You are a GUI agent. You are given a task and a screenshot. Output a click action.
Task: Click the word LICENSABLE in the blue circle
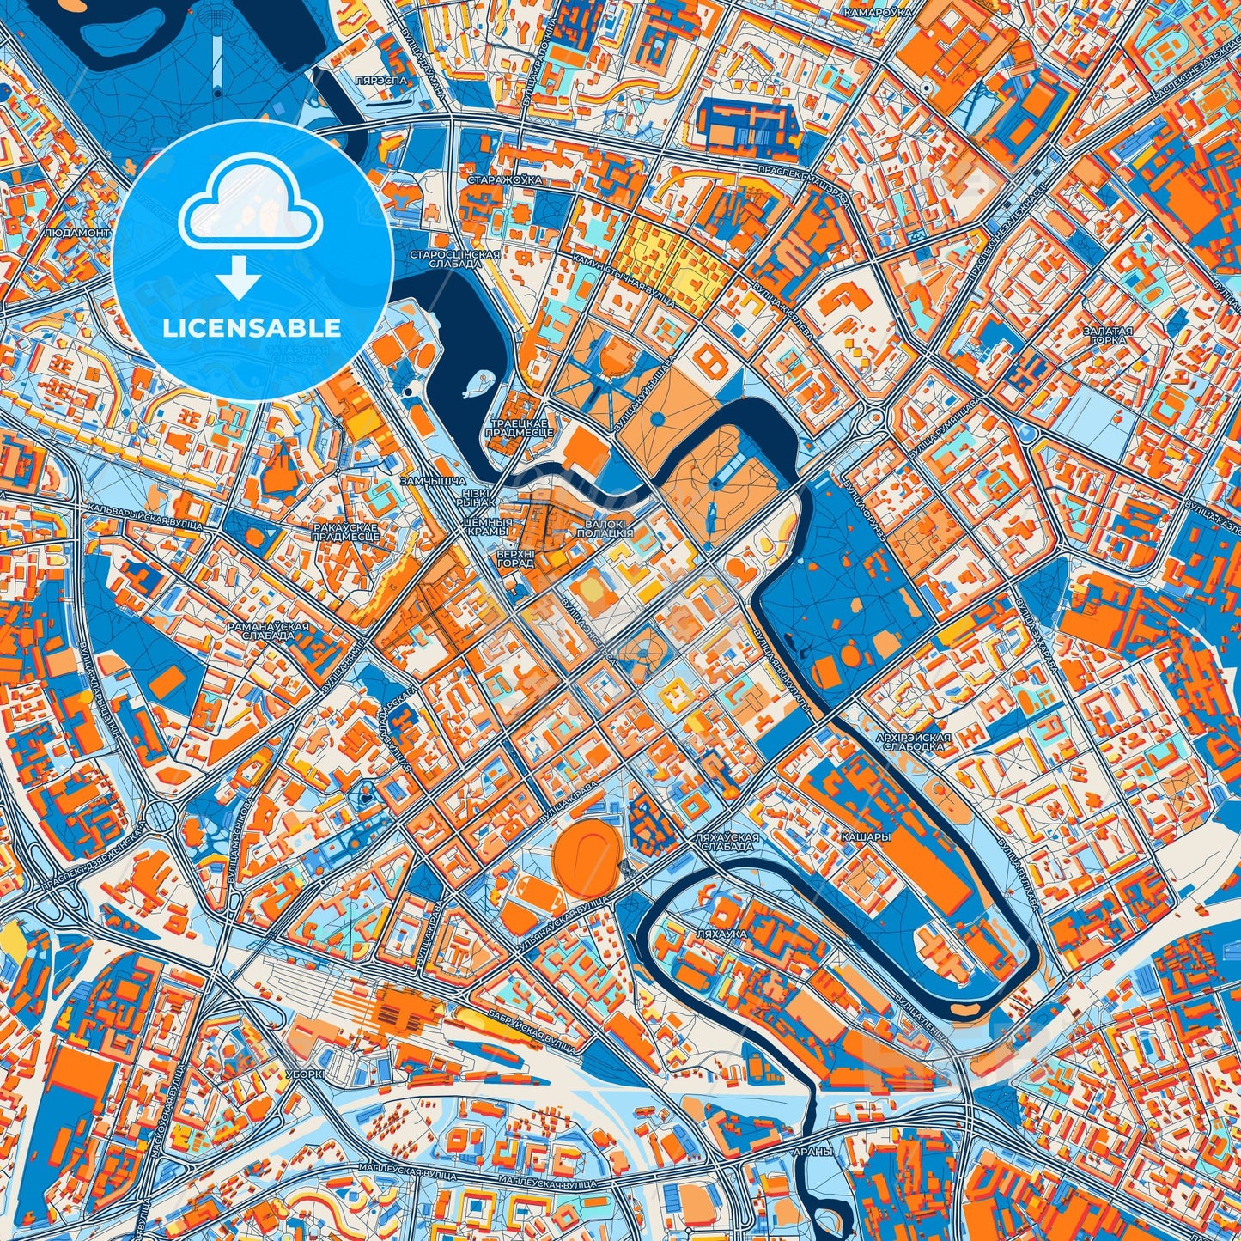coord(252,328)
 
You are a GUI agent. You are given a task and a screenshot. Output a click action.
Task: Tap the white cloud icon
coord(250,205)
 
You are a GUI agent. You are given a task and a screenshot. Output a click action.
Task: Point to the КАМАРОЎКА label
coord(876,14)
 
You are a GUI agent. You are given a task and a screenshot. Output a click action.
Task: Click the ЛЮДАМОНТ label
coord(77,233)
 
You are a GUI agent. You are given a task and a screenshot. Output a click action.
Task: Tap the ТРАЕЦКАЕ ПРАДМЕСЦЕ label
coord(519,429)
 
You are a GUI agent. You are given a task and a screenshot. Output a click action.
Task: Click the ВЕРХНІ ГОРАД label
coord(515,559)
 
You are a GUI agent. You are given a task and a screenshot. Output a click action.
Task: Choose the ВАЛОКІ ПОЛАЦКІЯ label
coord(605,528)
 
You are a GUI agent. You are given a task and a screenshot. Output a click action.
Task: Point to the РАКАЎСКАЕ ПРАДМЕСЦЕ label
coord(346,532)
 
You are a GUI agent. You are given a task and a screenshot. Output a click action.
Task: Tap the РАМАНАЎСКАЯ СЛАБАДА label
coord(268,631)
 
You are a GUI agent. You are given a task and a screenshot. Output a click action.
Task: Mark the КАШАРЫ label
coord(865,836)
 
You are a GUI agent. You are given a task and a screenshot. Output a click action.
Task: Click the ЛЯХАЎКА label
coord(723,934)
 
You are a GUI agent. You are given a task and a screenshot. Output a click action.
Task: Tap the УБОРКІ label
coord(305,1074)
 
